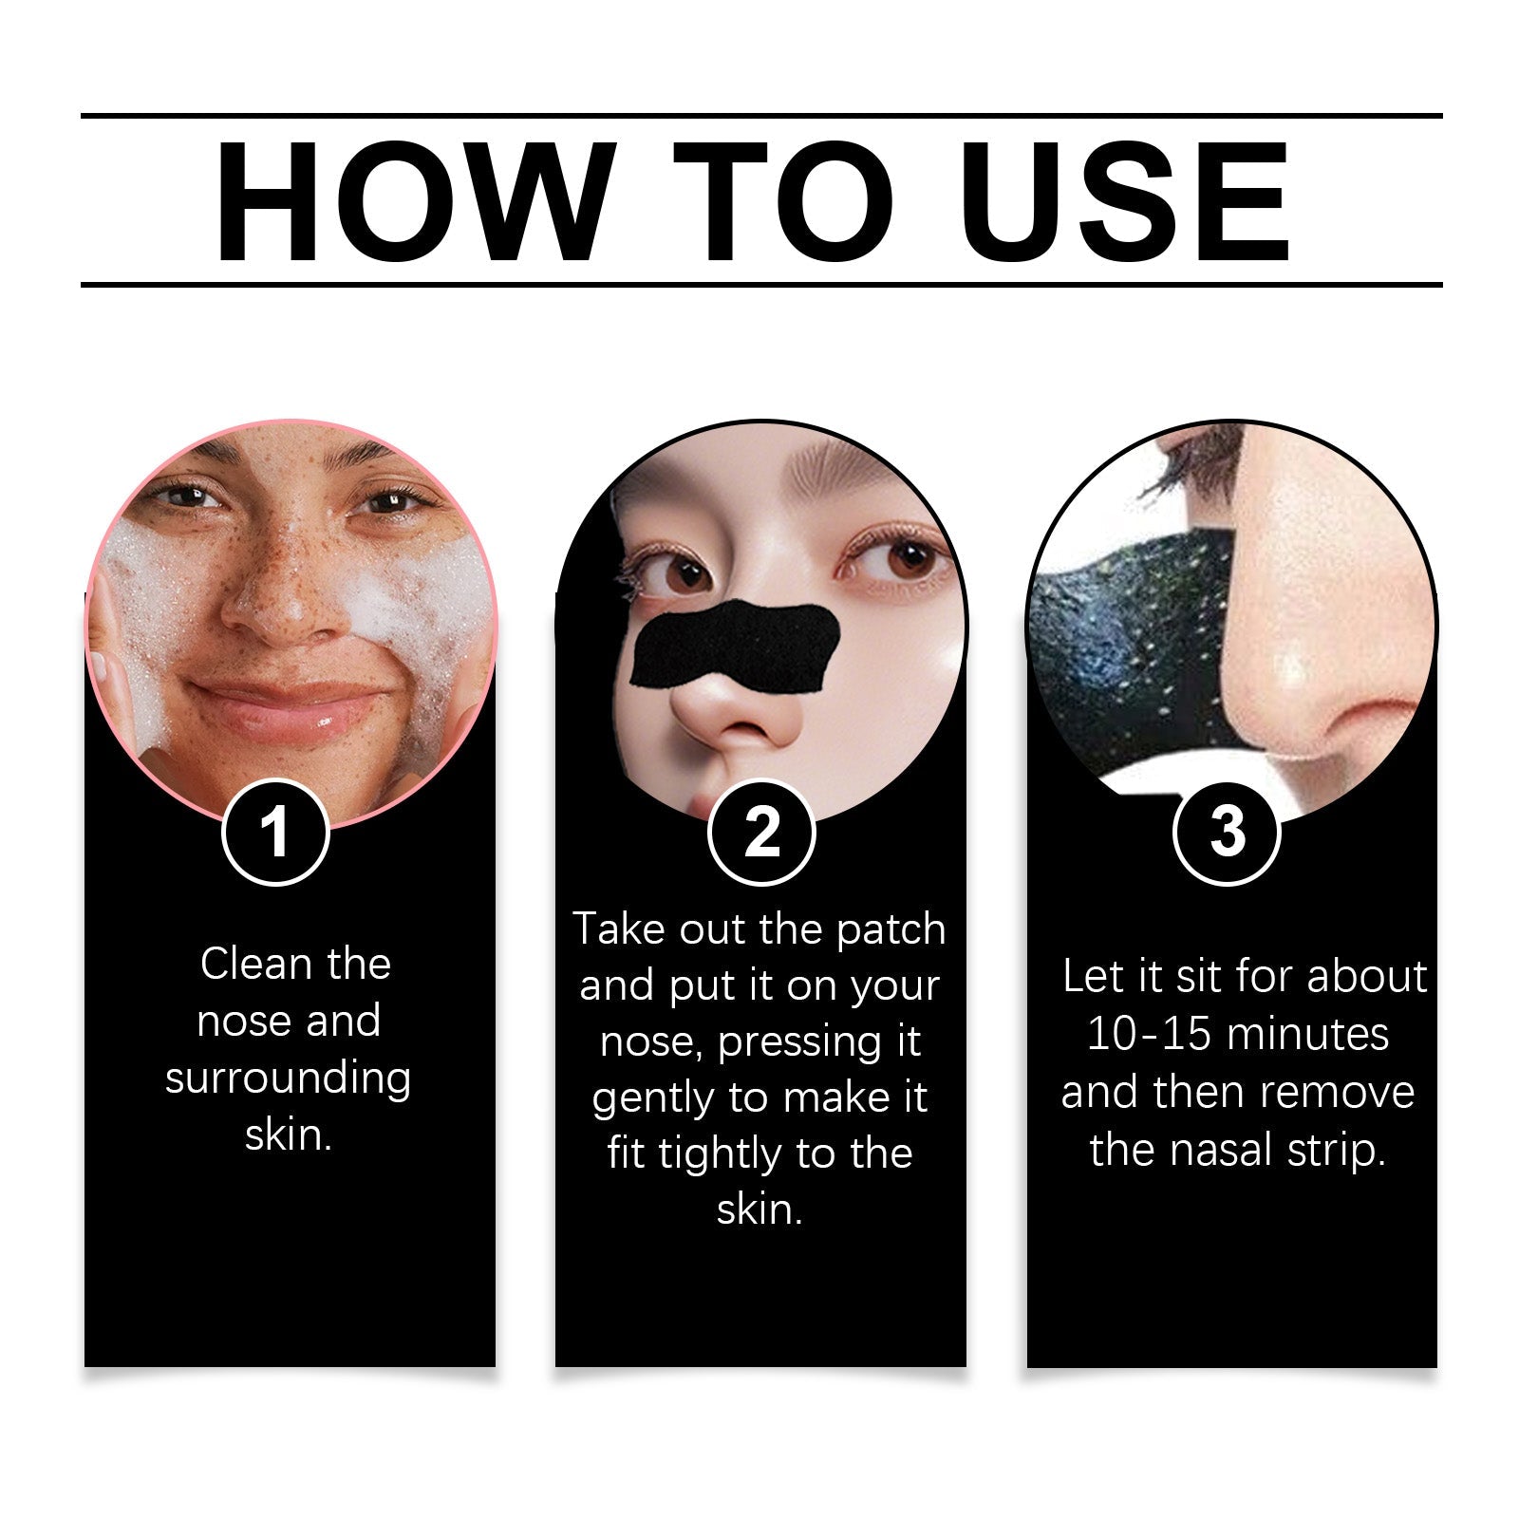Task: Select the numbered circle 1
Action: coord(275,833)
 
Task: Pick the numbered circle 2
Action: coord(761,833)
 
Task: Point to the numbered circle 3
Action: coord(1227,833)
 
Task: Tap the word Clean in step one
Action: coord(256,965)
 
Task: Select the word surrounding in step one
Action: coord(288,1078)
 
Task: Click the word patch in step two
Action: coord(891,929)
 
